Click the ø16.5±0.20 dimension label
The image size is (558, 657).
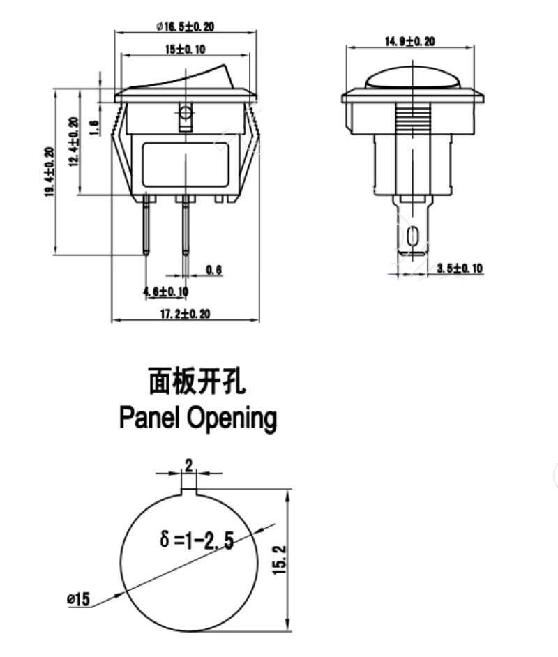[x=186, y=27]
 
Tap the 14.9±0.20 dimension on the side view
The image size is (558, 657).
[x=409, y=42]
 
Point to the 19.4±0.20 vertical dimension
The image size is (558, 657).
[x=50, y=172]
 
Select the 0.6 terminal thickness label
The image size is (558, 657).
[x=213, y=270]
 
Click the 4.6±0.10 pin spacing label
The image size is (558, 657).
[x=165, y=291]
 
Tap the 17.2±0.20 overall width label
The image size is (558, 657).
[x=185, y=314]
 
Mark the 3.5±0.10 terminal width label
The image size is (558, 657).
[x=460, y=269]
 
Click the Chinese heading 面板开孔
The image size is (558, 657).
[x=197, y=382]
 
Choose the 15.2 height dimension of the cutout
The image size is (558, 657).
[x=279, y=559]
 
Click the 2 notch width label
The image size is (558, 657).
[x=188, y=465]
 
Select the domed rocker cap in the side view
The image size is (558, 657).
[x=411, y=77]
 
